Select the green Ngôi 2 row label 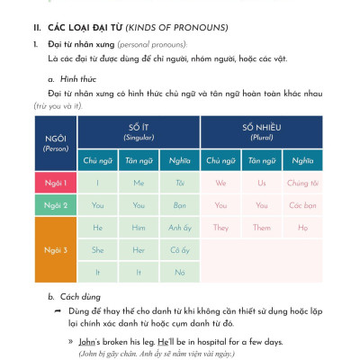click(x=55, y=205)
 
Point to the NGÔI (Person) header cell click(x=55, y=143)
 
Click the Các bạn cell click(x=303, y=205)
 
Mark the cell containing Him click(x=138, y=228)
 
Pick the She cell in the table click(x=97, y=249)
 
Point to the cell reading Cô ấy click(x=178, y=249)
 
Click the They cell click(x=220, y=228)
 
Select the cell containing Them click(x=262, y=228)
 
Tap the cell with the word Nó click(x=178, y=271)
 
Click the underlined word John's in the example click(x=86, y=342)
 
